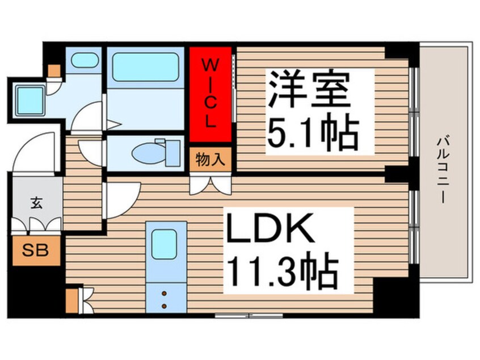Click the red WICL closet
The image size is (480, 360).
click(x=210, y=94)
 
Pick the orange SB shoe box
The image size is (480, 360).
click(x=35, y=250)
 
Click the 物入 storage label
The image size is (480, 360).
click(x=210, y=160)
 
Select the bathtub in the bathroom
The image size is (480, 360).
click(x=145, y=66)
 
